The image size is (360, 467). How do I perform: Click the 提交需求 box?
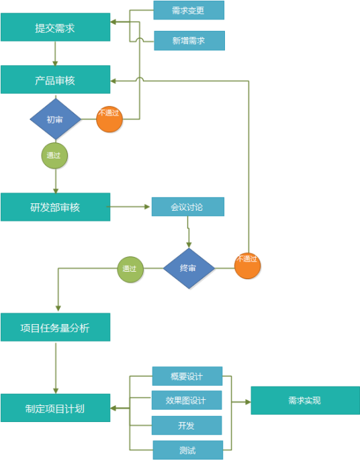[x=55, y=28]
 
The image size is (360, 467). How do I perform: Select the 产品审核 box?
[x=55, y=80]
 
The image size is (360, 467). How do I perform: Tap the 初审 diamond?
[x=55, y=119]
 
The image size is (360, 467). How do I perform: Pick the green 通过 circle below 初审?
[x=54, y=155]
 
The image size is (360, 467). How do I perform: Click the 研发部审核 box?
[x=55, y=207]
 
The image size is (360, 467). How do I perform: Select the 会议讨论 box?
[x=187, y=207]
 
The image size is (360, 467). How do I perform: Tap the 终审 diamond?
[x=189, y=268]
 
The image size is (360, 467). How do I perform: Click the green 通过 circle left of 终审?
[x=130, y=269]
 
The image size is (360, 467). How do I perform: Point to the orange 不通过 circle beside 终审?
[x=247, y=265]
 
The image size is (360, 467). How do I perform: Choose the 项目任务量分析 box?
[x=55, y=328]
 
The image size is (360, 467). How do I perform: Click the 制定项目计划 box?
[x=55, y=408]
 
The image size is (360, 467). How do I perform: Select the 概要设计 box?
[x=187, y=376]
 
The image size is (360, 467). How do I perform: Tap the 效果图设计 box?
[x=187, y=401]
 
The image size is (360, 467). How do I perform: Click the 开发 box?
[x=187, y=425]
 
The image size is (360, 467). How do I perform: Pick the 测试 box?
[x=187, y=450]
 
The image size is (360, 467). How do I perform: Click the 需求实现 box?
[x=304, y=401]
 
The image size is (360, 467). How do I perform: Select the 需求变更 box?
[x=189, y=10]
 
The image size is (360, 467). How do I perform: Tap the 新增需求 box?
[x=189, y=40]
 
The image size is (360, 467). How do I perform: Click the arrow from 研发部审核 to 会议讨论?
[x=130, y=207]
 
